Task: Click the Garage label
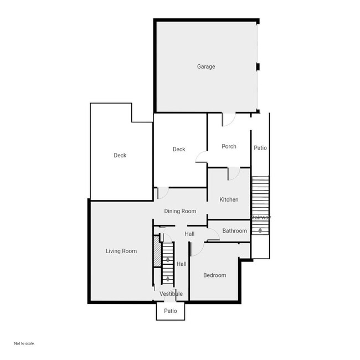(206, 66)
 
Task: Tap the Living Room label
(121, 251)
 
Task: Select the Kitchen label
(229, 199)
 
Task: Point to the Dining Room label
(180, 211)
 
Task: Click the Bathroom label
(234, 230)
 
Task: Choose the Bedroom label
(214, 275)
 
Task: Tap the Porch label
(229, 146)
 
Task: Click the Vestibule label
(171, 294)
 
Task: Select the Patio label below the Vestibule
(171, 311)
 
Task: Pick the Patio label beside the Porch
(260, 148)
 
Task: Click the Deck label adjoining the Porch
(178, 149)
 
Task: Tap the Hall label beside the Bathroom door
(189, 234)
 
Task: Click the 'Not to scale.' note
(24, 343)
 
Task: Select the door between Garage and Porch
(228, 119)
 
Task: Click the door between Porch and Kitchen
(233, 173)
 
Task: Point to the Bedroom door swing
(197, 249)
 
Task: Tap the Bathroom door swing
(213, 235)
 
